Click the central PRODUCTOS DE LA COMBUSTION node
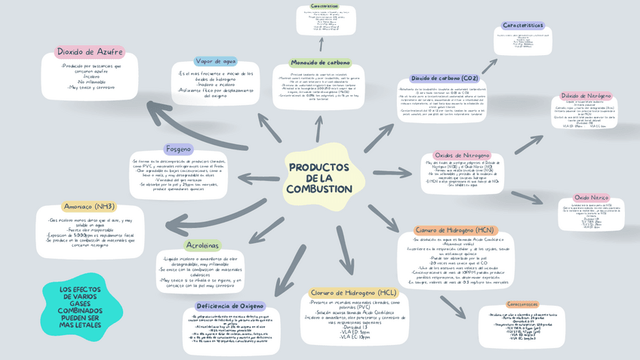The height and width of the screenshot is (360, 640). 319,178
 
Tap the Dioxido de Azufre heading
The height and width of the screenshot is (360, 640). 90,52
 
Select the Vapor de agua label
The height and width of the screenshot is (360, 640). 216,61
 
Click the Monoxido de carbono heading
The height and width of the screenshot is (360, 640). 320,63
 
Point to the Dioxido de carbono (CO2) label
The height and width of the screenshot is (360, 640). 445,78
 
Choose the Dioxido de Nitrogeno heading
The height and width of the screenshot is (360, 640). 586,97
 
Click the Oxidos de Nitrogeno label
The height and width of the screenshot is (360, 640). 462,155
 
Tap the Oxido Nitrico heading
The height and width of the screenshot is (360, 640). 591,198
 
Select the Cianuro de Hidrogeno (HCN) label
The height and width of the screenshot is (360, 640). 454,230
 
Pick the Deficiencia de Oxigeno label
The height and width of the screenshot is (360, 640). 230,306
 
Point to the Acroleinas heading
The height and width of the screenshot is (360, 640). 202,245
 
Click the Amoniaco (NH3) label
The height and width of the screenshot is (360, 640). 90,207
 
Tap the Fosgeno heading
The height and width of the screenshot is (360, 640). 179,149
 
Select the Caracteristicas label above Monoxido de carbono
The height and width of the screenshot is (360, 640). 325,6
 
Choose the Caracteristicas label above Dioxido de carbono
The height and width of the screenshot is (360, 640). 523,26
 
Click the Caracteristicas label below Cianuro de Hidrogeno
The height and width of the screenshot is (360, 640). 522,304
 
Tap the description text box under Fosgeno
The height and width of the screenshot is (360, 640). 178,175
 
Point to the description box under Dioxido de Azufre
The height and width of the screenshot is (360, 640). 90,77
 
